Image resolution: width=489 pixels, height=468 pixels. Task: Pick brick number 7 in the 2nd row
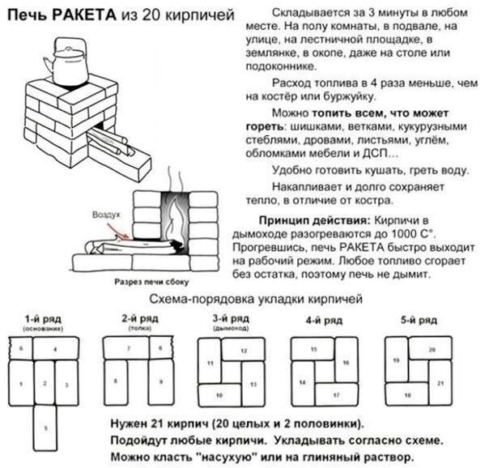129,349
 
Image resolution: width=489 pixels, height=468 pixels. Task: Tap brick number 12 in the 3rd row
244,351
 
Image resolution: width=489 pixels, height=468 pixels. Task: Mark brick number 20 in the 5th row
432,348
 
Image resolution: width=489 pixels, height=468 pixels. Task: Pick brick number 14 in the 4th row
302,381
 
